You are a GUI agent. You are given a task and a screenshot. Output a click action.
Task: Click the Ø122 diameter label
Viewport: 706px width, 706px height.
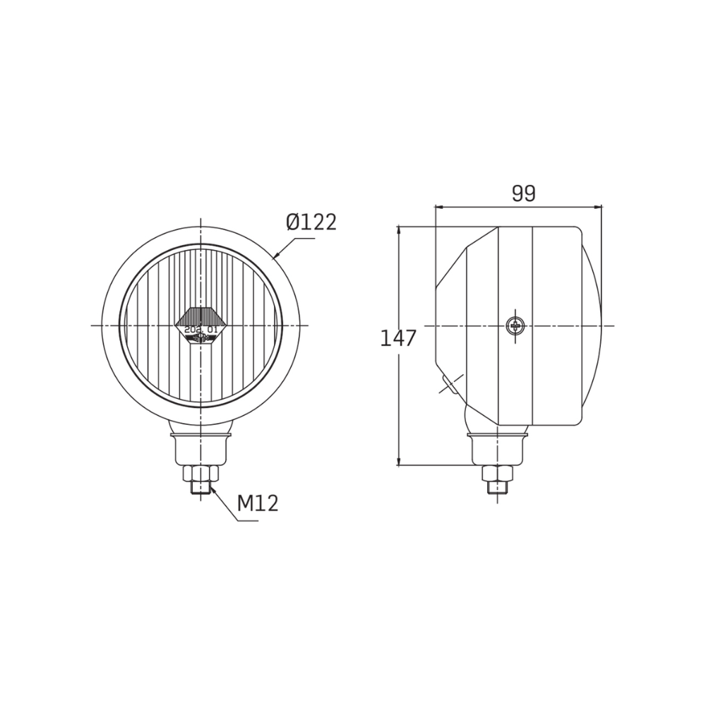coord(311,222)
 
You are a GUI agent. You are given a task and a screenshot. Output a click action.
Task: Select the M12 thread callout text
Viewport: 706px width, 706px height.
coord(258,503)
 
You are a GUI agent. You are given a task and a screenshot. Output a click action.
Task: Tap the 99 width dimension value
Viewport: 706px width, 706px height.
coord(523,193)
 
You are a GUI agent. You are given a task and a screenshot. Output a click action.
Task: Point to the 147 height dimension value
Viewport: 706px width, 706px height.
coord(398,338)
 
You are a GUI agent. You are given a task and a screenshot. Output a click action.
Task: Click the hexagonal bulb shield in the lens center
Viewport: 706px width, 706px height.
coord(201,325)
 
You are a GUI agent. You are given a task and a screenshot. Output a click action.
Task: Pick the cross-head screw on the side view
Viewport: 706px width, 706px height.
coord(515,325)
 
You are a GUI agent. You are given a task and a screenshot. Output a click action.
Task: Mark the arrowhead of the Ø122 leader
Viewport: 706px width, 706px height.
coord(275,258)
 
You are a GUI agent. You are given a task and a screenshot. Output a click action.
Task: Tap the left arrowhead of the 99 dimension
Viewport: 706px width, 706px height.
coord(438,208)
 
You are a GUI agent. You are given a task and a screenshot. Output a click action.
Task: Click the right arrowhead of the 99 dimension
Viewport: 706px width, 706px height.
coord(599,208)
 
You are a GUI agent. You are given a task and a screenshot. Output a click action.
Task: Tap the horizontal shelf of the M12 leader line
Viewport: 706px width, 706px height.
coord(247,522)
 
